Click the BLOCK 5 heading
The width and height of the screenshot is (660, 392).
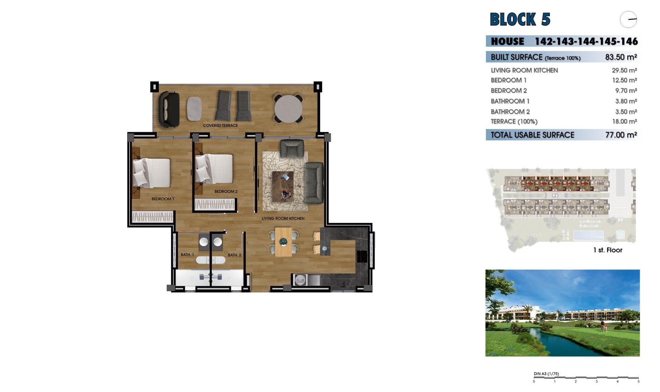point(520,19)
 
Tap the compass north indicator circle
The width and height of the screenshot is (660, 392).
point(628,19)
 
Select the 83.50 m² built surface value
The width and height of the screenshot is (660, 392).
point(621,57)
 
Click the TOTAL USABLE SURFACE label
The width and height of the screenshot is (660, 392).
point(532,135)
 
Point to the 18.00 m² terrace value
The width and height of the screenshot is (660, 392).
point(624,121)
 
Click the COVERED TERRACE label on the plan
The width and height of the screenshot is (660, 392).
point(220,126)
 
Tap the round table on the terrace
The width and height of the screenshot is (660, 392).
point(288,109)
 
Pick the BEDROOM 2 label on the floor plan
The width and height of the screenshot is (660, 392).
point(226,192)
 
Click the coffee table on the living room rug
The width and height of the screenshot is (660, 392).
point(283,186)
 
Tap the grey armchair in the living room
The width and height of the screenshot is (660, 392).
point(292,148)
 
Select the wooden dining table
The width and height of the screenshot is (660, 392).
point(283,242)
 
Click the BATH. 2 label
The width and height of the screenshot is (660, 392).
point(234,255)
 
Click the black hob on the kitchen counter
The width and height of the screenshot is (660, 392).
point(362,256)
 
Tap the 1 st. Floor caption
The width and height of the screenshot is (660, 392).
point(607,250)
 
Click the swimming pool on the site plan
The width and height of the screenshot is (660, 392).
point(588,236)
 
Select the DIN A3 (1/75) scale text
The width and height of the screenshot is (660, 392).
point(546,374)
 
